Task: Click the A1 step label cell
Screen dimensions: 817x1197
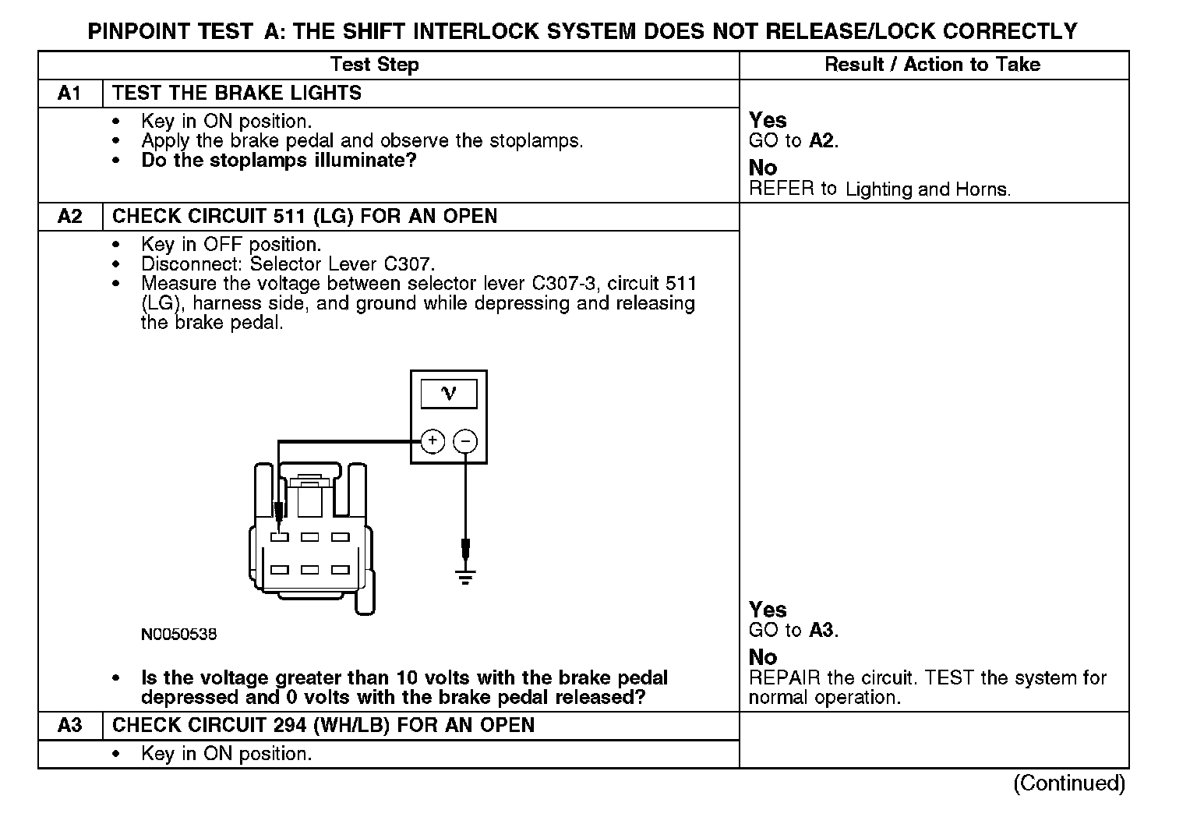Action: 70,94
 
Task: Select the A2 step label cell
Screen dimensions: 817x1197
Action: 70,216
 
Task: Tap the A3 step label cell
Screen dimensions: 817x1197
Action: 70,725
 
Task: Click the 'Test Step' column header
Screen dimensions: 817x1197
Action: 374,65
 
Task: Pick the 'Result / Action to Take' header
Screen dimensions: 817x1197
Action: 932,65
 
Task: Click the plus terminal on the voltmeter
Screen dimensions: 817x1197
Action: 433,441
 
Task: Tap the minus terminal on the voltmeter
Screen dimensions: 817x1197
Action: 465,441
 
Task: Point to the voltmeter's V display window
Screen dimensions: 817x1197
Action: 449,394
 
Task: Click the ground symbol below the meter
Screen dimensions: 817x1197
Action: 465,578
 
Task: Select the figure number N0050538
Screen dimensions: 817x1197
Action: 179,635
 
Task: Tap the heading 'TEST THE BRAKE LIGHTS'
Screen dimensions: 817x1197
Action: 237,94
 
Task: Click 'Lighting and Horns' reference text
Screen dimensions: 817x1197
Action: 927,189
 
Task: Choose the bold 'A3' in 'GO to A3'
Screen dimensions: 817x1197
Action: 821,630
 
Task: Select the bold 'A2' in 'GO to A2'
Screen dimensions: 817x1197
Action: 821,141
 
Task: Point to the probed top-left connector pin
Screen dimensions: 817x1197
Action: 280,537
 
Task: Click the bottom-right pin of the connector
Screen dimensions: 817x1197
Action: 340,570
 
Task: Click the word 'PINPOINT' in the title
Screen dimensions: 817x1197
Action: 137,31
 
